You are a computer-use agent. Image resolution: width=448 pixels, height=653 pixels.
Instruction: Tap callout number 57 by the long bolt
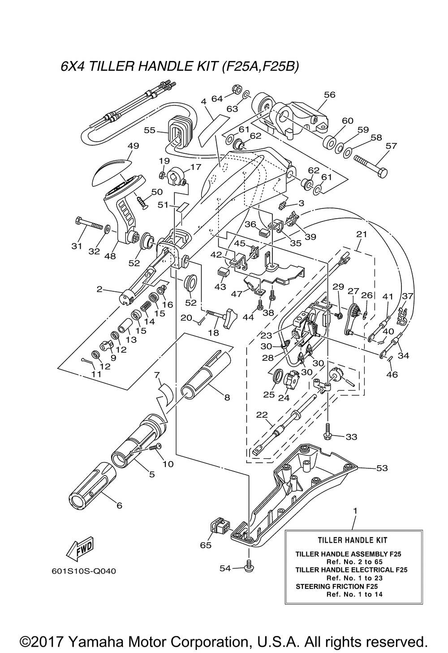[391, 146]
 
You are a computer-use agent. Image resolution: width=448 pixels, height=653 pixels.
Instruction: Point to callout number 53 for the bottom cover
[382, 468]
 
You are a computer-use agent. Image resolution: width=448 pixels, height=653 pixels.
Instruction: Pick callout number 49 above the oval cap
[134, 146]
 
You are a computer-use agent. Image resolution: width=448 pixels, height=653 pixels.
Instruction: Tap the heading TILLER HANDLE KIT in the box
[353, 541]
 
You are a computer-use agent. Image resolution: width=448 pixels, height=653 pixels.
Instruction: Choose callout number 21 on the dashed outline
[362, 234]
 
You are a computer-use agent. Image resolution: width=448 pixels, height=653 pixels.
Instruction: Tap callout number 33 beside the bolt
[351, 437]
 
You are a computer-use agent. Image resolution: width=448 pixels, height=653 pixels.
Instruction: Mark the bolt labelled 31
[89, 223]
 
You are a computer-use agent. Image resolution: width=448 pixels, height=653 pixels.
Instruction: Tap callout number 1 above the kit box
[355, 511]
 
